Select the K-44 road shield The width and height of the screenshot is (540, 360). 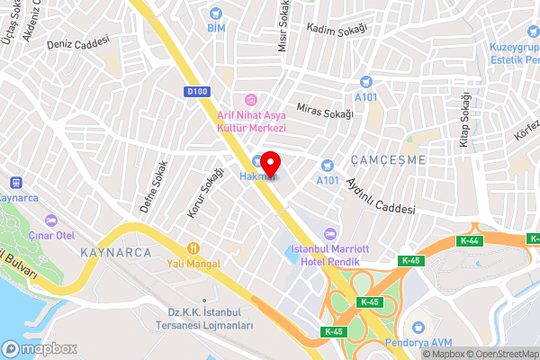(469, 240)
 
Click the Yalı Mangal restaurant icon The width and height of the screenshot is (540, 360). (193, 247)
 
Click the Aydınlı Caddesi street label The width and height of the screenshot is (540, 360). (375, 193)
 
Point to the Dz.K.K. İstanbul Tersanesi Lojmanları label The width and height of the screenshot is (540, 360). (203, 319)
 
